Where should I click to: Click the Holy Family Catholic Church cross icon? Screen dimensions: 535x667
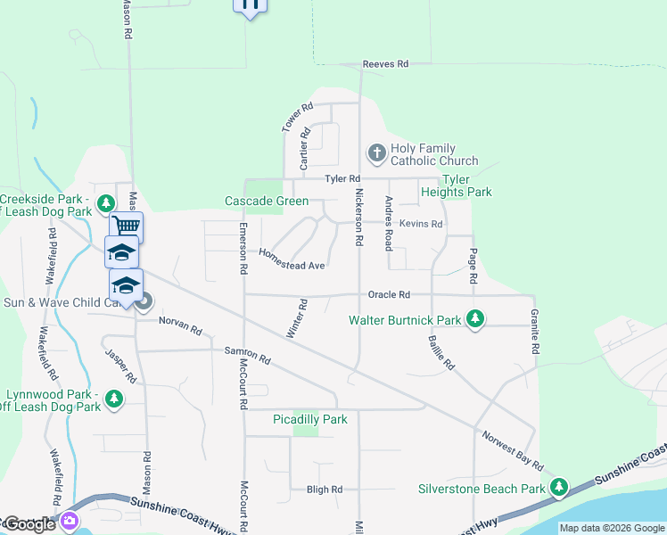376,154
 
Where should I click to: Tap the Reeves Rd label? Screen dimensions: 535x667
385,64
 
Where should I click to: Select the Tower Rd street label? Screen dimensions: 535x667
298,119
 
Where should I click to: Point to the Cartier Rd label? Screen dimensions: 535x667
305,149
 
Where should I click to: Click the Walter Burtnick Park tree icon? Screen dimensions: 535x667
475,319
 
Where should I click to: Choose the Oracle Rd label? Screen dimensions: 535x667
389,294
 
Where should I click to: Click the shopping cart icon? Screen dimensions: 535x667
127,226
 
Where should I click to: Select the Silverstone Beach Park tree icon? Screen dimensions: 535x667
558,488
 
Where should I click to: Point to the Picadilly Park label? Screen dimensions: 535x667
309,419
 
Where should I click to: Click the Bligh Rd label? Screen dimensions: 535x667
325,490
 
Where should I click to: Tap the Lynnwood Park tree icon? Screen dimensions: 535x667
113,399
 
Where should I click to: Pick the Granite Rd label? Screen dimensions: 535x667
535,333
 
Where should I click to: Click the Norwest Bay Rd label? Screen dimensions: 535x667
512,451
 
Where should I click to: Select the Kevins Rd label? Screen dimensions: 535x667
421,224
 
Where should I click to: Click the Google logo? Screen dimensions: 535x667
29,524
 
